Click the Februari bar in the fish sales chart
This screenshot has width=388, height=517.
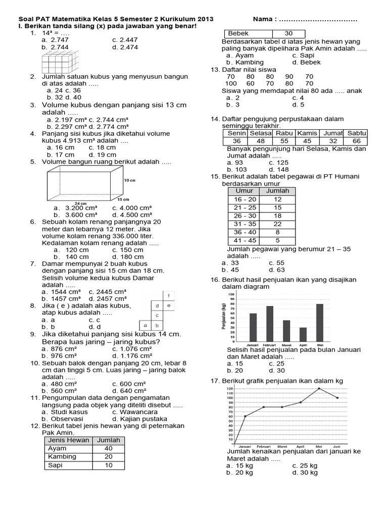(270, 323)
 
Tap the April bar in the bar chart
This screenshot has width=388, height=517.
(303, 334)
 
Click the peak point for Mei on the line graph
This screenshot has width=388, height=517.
(319, 388)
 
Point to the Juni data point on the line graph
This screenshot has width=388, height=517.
(337, 398)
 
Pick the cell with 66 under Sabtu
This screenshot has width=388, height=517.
(357, 141)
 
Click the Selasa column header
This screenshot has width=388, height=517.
(261, 133)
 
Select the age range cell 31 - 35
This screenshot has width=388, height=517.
(244, 224)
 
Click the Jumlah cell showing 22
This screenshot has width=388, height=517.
(277, 224)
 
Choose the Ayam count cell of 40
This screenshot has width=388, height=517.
(109, 448)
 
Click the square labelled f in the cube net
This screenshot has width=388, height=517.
(168, 295)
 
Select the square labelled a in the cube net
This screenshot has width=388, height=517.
(145, 325)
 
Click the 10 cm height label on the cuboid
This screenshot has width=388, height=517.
(129, 180)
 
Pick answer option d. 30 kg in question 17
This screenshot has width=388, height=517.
(305, 473)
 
